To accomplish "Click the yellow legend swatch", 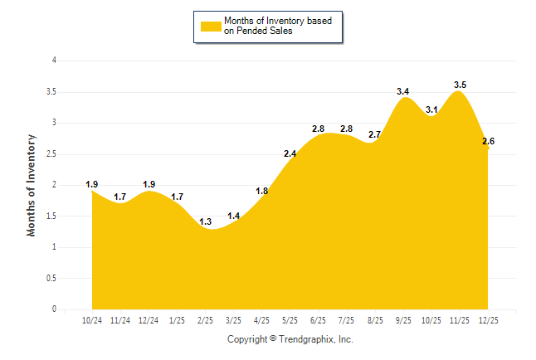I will (x=211, y=26).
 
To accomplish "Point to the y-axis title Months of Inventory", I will (x=32, y=185).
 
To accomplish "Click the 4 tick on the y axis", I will (x=54, y=61).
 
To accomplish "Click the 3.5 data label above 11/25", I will (x=460, y=85).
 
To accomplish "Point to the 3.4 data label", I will (x=403, y=91).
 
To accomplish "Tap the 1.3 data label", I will (x=205, y=221).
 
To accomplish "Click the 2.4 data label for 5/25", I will (x=290, y=153).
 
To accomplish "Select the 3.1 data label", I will (x=431, y=109).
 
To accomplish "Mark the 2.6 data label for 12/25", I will (x=488, y=141).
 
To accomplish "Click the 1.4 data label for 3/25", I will (x=233, y=216).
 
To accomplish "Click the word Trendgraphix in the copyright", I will (x=307, y=339).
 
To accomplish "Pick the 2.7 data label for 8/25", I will (x=374, y=134).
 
